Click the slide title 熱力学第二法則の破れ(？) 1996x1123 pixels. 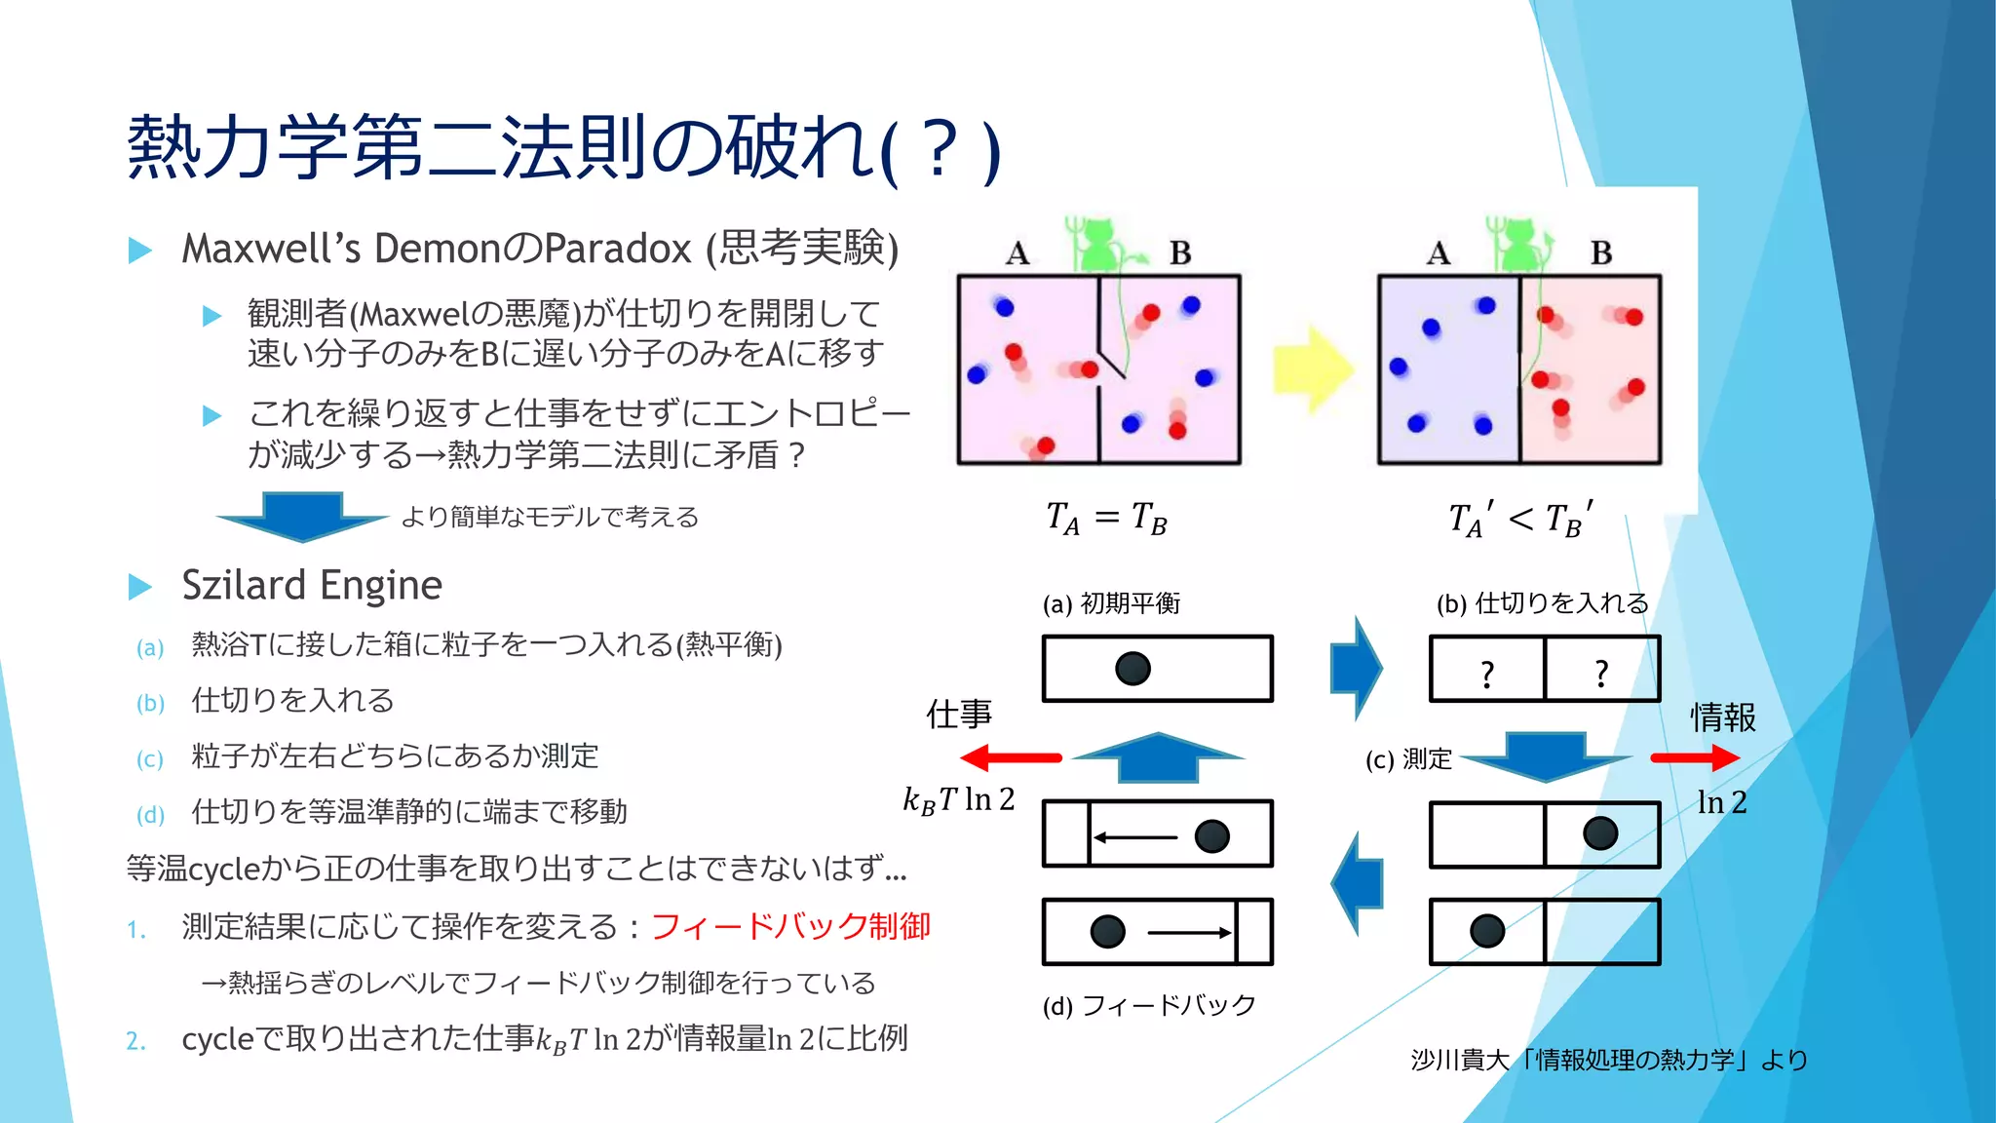click(x=563, y=148)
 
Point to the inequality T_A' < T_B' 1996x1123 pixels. click(x=1521, y=519)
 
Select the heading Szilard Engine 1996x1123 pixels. click(x=312, y=585)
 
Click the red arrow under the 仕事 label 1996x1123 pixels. click(x=1011, y=757)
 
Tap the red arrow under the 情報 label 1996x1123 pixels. click(x=1694, y=757)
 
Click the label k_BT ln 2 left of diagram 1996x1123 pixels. click(x=959, y=799)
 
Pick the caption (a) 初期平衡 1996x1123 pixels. click(x=1111, y=603)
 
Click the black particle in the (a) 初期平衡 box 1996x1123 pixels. click(x=1132, y=669)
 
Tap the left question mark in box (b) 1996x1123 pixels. click(x=1486, y=674)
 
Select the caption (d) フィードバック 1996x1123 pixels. click(x=1149, y=1005)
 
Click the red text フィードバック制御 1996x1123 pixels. click(x=790, y=926)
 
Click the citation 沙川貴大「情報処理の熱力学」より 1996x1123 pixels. click(x=1608, y=1060)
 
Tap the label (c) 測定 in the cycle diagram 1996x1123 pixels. click(x=1408, y=758)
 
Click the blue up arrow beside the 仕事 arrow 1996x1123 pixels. click(x=1157, y=756)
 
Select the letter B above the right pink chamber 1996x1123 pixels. click(x=1600, y=253)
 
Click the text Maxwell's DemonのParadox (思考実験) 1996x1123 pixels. click(x=540, y=249)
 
